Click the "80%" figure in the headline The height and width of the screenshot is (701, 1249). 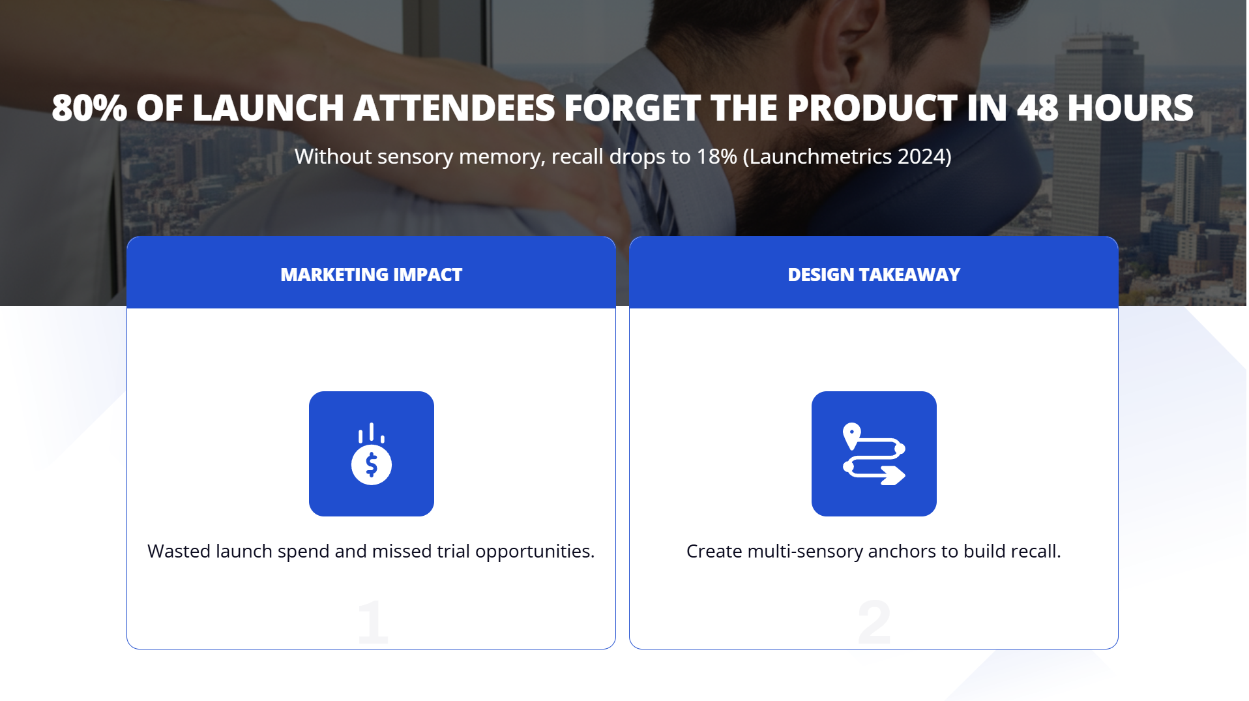[89, 108]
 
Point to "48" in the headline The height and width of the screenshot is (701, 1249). [1037, 108]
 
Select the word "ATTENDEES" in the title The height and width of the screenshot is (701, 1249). [454, 108]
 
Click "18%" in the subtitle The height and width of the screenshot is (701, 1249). [716, 157]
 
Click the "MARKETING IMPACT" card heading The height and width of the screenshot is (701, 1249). [371, 275]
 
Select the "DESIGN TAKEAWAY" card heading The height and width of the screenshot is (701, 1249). [874, 275]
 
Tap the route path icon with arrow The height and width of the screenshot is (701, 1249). [874, 454]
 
